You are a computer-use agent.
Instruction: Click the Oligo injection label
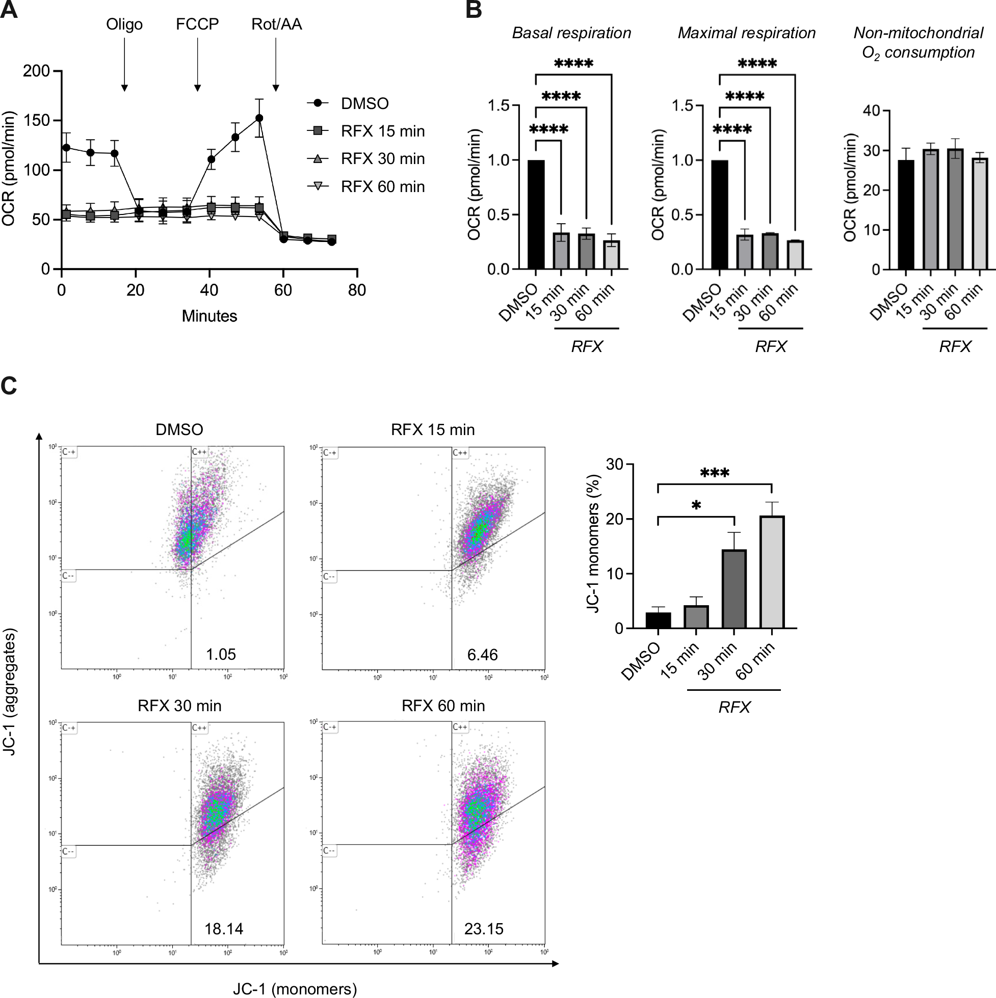point(124,24)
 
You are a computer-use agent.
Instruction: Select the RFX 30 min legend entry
point(382,158)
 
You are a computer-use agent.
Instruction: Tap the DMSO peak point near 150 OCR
point(259,118)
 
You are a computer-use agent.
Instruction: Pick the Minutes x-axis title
point(209,316)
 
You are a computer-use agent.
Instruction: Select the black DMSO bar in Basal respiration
point(536,214)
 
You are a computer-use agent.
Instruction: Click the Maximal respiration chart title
point(746,33)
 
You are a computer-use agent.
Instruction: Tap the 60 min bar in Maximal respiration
point(795,255)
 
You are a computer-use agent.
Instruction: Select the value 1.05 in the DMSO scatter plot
point(221,654)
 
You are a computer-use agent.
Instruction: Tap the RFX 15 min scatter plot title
point(433,430)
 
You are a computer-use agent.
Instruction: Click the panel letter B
point(474,10)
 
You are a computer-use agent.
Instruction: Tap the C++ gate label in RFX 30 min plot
point(199,727)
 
